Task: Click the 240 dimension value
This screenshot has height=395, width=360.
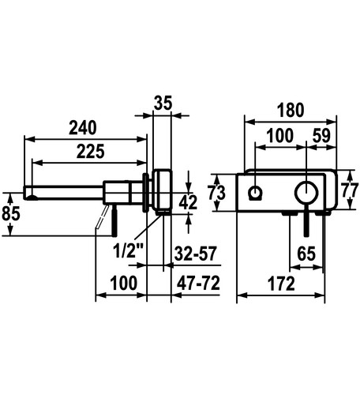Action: coord(83,128)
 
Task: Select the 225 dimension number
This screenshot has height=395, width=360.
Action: coord(90,152)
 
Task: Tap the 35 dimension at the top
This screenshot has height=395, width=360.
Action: coord(163,103)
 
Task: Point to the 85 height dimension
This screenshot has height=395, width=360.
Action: coord(11,213)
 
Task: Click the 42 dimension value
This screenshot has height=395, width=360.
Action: coord(188,202)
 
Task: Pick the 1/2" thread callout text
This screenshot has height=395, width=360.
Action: coord(127,250)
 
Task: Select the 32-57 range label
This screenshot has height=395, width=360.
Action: coord(195,254)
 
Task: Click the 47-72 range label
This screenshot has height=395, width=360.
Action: coord(198,284)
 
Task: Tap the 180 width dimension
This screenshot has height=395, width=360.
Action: coord(291,110)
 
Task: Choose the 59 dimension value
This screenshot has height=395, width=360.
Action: coord(321,136)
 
